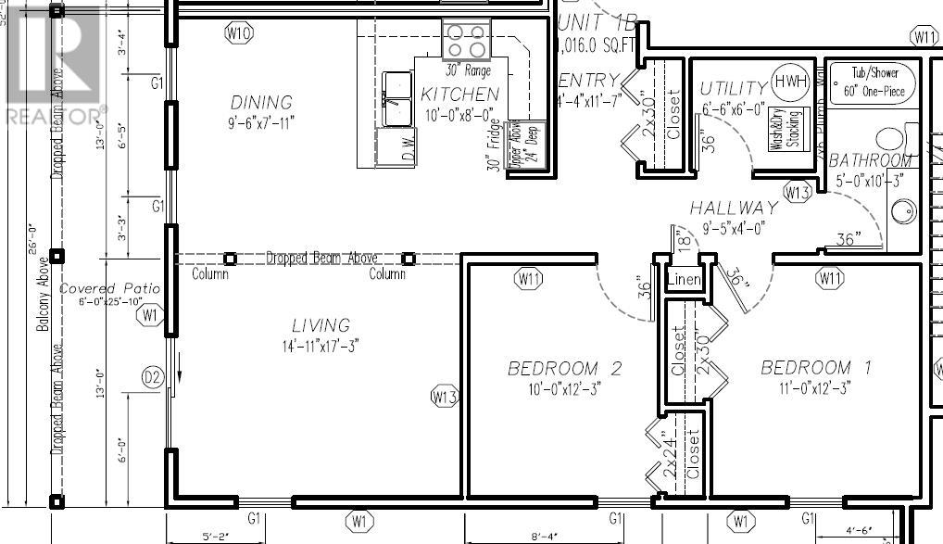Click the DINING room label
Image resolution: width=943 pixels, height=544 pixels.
click(261, 102)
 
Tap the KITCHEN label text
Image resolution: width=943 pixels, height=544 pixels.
click(459, 94)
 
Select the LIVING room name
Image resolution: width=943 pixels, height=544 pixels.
click(321, 325)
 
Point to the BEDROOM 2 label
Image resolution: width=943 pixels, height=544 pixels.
click(564, 369)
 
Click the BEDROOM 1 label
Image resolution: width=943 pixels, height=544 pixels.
click(815, 368)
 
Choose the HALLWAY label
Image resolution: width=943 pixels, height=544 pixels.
click(734, 209)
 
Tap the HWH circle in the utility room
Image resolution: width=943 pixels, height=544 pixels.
click(791, 81)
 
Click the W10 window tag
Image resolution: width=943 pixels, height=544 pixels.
click(239, 33)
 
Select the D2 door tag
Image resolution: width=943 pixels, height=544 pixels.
click(152, 377)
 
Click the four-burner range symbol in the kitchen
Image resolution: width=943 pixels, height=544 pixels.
click(466, 40)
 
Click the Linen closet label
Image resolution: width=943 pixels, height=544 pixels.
click(684, 279)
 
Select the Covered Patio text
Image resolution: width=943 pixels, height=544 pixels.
click(109, 289)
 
